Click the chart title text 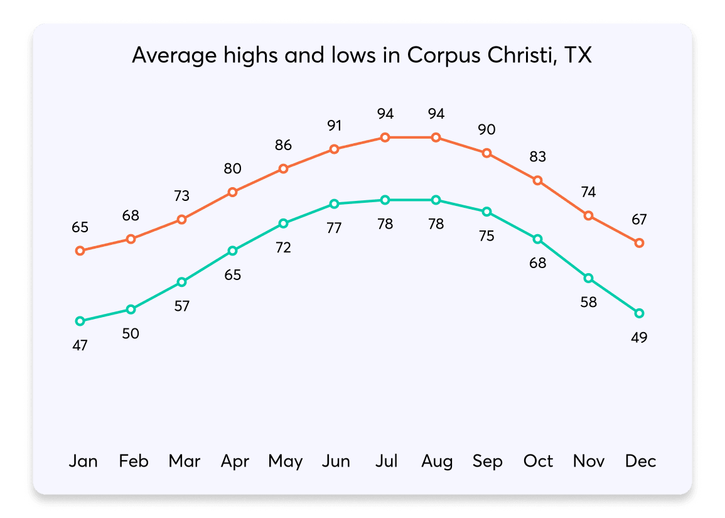(x=362, y=56)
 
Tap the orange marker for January (x=80, y=251)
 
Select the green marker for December (x=639, y=313)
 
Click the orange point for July (x=385, y=138)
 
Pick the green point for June (x=334, y=204)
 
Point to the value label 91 (x=334, y=125)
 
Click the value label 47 (x=80, y=345)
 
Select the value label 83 (x=537, y=156)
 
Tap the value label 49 (x=639, y=337)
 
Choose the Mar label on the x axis (x=184, y=461)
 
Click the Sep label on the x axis (x=487, y=461)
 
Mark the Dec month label (x=640, y=461)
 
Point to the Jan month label (x=83, y=461)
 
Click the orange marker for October (x=537, y=181)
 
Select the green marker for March (x=181, y=282)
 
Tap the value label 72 (x=283, y=247)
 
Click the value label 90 (x=486, y=129)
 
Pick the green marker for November (x=588, y=278)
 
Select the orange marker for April (x=232, y=192)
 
